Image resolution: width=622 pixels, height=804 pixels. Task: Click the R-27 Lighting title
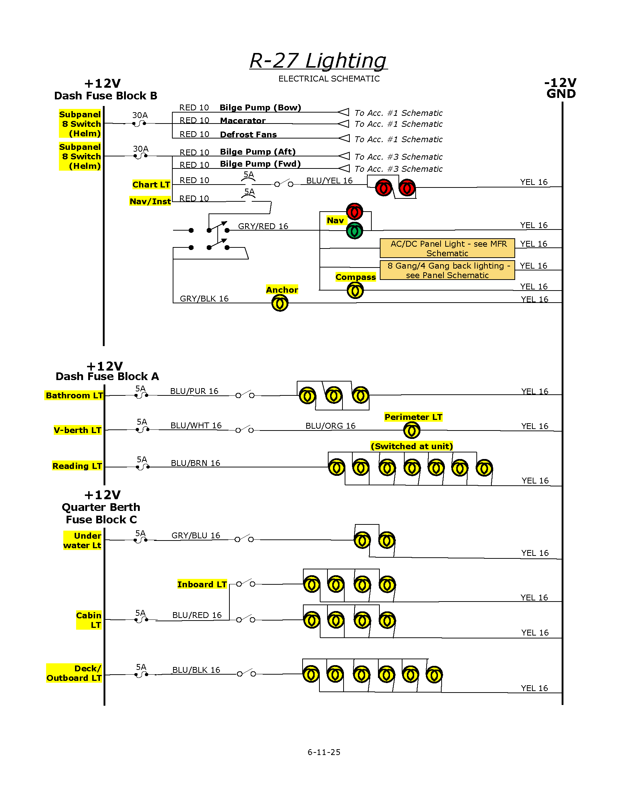[x=318, y=60]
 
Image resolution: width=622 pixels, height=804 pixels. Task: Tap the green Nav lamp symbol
[x=355, y=231]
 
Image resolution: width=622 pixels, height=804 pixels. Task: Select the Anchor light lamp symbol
[x=280, y=304]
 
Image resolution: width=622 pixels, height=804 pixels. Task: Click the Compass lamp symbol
[x=355, y=291]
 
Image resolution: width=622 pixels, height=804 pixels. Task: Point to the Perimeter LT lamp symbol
[x=412, y=431]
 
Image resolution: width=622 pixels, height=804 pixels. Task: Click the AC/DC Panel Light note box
[x=447, y=249]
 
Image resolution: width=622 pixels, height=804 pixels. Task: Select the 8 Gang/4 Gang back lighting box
[x=447, y=270]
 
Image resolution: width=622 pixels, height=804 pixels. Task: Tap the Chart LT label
[x=151, y=185]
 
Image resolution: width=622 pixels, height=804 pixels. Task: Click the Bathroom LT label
[x=74, y=395]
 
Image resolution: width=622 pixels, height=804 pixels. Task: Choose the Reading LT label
[x=77, y=466]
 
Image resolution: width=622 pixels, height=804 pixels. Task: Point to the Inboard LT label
[x=202, y=584]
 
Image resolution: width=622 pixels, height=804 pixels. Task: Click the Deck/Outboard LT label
[x=74, y=673]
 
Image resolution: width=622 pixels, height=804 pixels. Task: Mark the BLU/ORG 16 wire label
[x=330, y=426]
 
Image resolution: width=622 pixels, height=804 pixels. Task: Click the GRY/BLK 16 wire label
[x=204, y=299]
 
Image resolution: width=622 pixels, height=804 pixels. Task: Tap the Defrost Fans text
[x=248, y=134]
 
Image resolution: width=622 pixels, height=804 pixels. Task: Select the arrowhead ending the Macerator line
[x=344, y=123]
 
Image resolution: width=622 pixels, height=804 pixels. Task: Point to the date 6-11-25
[x=324, y=752]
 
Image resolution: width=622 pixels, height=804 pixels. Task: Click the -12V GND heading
[x=561, y=88]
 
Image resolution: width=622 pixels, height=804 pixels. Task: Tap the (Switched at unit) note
[x=412, y=446]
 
